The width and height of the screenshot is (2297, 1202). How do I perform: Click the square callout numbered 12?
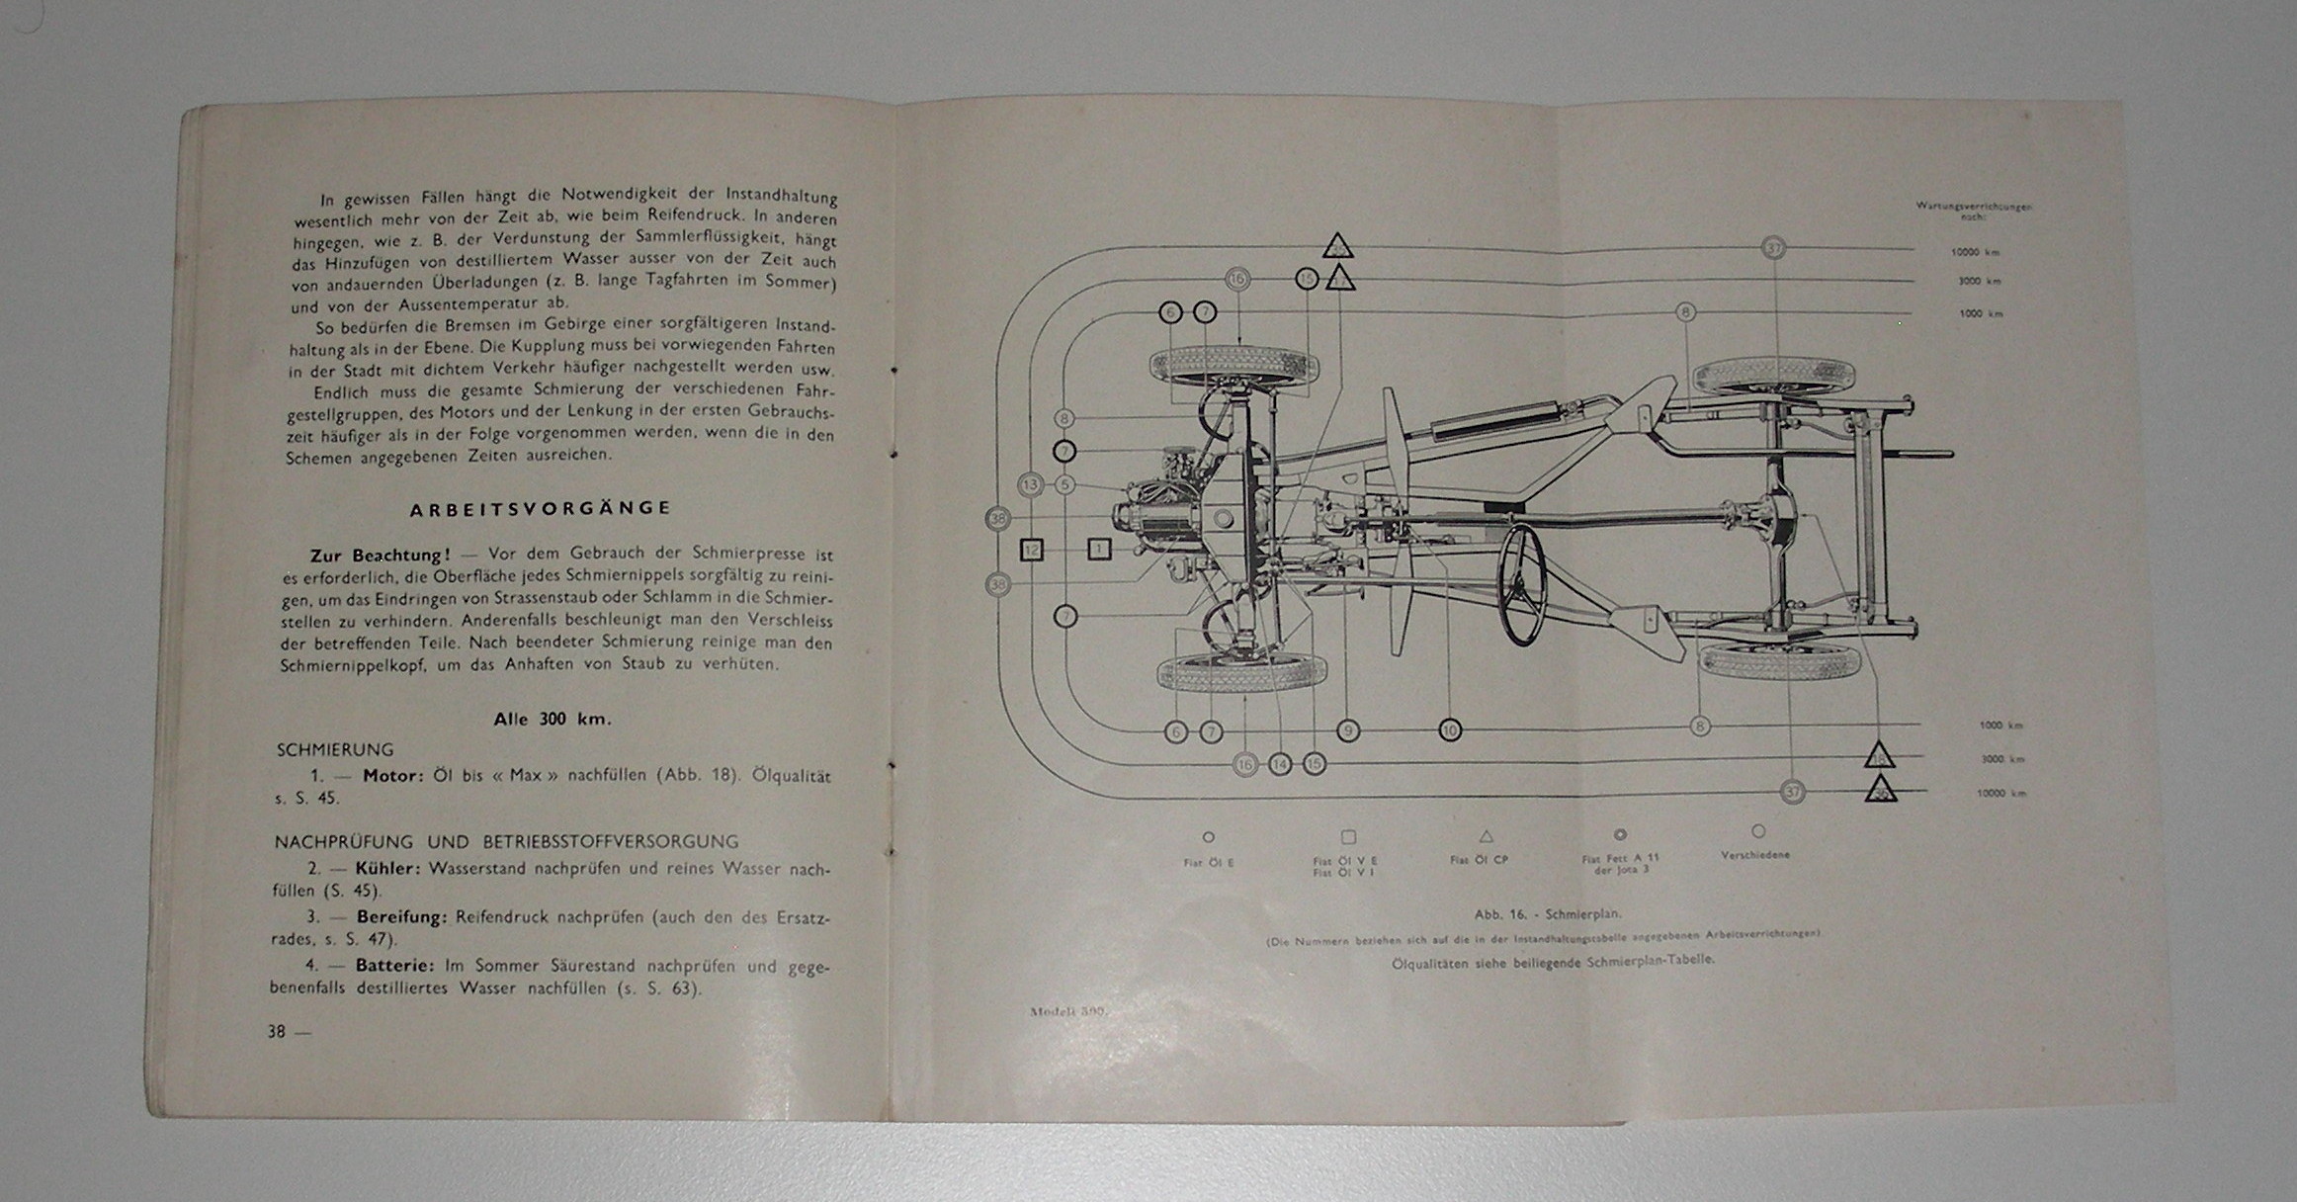1031,550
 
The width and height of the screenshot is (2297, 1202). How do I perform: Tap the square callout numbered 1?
1099,549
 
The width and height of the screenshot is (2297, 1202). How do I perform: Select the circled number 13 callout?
1031,485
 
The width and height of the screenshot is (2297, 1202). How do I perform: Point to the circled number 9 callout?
1347,730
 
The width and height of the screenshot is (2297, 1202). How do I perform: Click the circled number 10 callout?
1449,730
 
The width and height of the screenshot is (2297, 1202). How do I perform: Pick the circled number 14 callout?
1280,764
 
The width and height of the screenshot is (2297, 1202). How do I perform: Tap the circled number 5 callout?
1064,485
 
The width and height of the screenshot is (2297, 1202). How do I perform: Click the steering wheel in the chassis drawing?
1522,585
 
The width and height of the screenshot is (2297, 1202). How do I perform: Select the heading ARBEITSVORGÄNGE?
541,508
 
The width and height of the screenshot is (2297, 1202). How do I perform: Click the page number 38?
277,1031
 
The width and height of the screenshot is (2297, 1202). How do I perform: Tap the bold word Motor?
393,776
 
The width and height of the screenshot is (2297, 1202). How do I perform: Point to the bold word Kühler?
388,869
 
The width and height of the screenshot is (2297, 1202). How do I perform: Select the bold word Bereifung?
402,917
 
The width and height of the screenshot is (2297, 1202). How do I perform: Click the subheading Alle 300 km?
553,720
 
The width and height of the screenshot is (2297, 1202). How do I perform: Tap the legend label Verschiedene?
1755,855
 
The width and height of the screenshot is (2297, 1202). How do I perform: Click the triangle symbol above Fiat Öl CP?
1486,836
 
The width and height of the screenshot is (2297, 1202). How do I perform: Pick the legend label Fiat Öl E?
1208,863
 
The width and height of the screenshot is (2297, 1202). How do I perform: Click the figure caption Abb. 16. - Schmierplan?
1547,914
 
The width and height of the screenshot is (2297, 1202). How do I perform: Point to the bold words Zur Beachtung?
381,556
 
